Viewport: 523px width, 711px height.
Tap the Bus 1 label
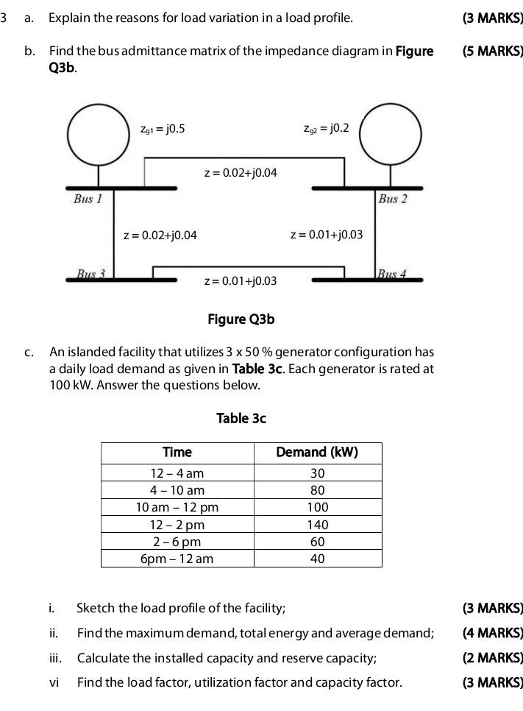coord(88,199)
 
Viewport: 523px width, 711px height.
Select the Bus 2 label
coord(392,199)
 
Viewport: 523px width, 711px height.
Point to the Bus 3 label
coord(91,274)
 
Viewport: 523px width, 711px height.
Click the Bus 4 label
coord(391,274)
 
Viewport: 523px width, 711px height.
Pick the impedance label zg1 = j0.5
coord(162,130)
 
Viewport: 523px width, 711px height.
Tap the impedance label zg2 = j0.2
coord(326,130)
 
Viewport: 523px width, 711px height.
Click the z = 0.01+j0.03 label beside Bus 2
coord(327,235)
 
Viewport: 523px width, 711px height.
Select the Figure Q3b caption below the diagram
coord(241,319)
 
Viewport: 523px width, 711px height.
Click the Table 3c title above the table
coord(241,418)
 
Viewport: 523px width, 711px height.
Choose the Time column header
coord(177,452)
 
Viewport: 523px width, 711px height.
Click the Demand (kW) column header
coord(317,452)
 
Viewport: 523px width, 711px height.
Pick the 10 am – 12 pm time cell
coord(177,507)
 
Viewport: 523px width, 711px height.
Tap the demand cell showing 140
coord(317,525)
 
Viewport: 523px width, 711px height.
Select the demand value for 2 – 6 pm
coord(317,542)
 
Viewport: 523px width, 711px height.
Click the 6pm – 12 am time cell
coord(177,559)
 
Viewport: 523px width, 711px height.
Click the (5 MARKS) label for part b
coord(492,52)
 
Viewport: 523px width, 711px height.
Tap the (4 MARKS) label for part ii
coord(492,633)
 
